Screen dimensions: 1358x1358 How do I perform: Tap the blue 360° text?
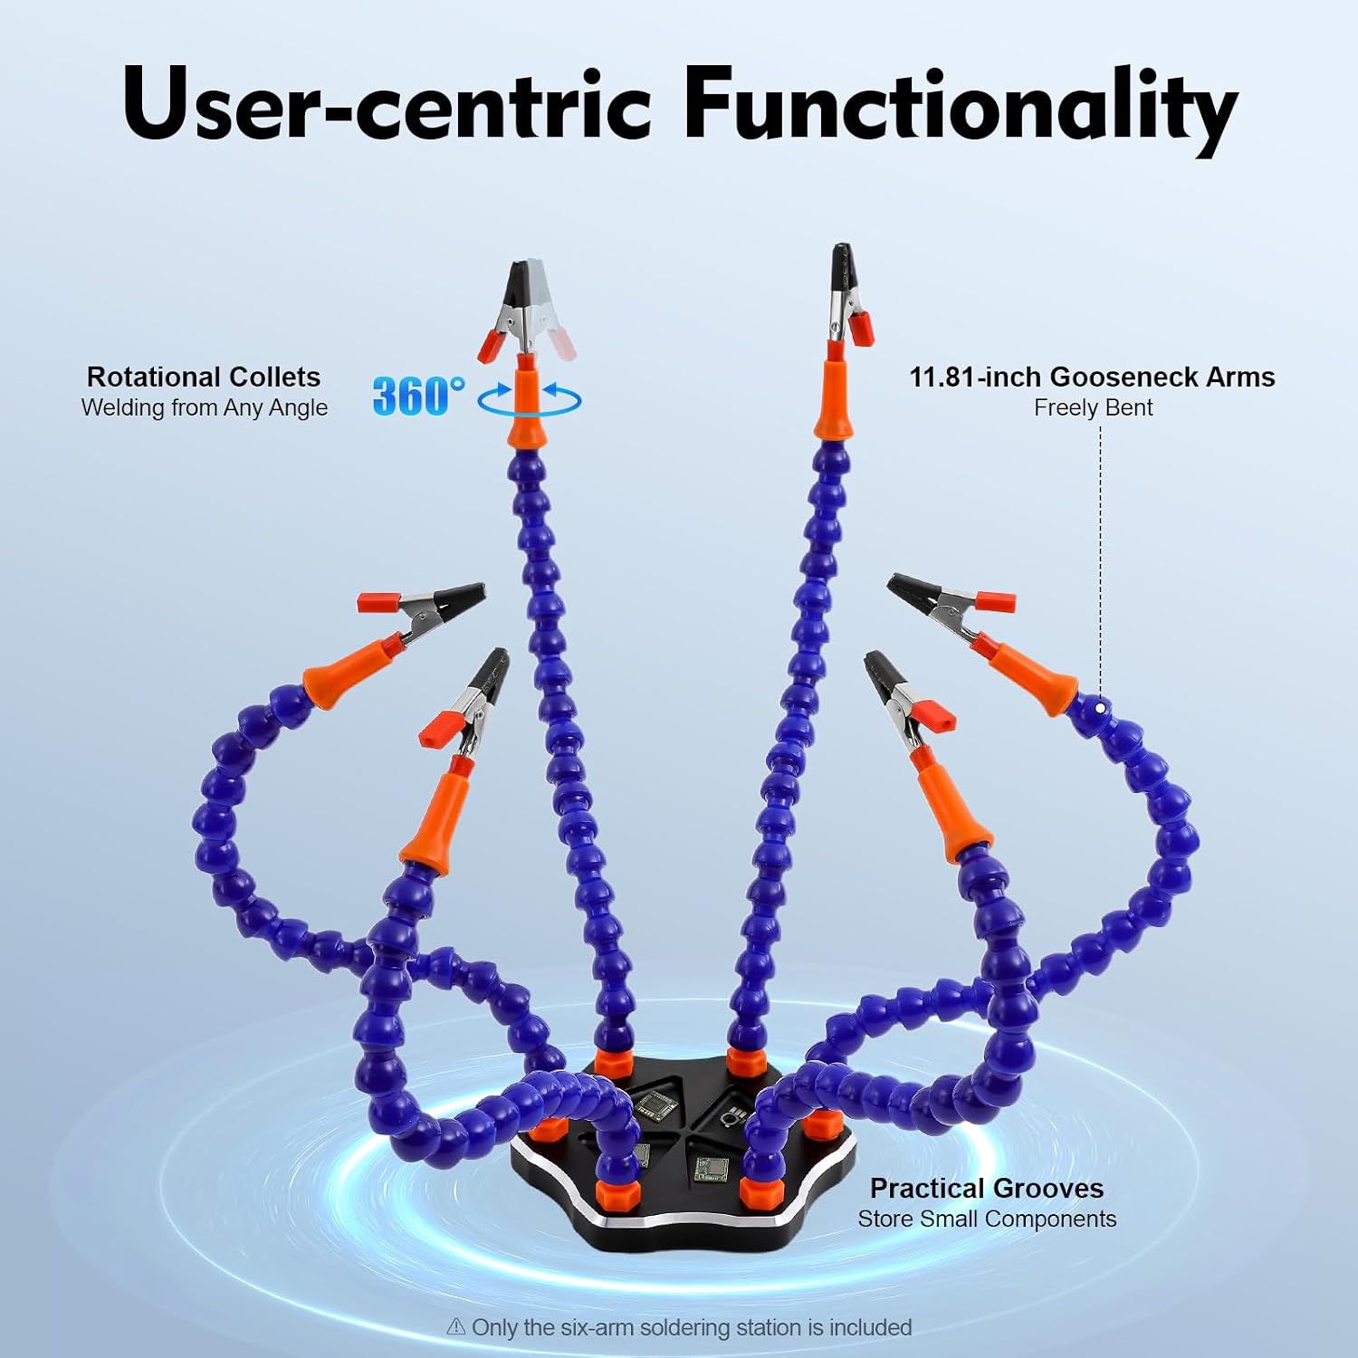click(x=418, y=396)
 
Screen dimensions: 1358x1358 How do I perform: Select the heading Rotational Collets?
click(x=204, y=377)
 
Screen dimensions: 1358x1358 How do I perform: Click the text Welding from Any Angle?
click(x=205, y=407)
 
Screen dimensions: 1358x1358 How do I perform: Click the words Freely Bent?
click(x=1094, y=407)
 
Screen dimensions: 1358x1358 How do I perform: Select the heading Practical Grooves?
click(x=987, y=1188)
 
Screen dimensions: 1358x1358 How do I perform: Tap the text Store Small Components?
click(x=987, y=1219)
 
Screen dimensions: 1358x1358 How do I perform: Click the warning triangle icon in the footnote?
click(x=456, y=1327)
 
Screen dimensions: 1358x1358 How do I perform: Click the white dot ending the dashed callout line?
click(x=1100, y=708)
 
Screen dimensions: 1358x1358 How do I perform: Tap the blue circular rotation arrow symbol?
click(x=530, y=398)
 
